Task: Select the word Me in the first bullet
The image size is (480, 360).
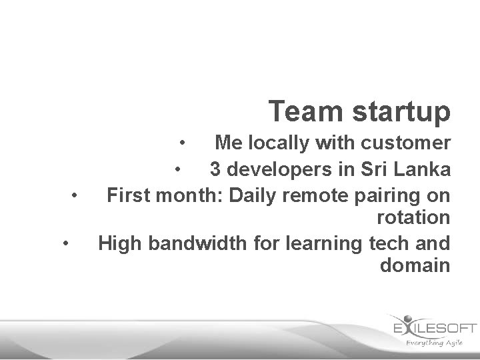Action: (x=228, y=143)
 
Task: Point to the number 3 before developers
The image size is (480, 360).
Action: (x=215, y=169)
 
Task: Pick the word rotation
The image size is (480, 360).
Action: (x=413, y=217)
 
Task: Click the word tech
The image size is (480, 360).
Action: (x=387, y=243)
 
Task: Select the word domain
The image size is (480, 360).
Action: (x=415, y=265)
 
